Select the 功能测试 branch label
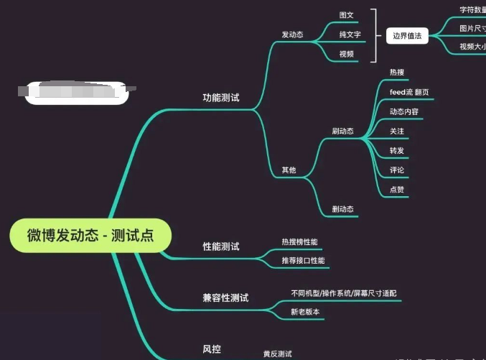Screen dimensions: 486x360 (x=221, y=97)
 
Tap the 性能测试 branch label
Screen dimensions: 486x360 (x=221, y=246)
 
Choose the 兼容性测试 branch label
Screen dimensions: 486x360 (x=225, y=297)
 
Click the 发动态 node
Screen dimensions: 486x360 (x=292, y=34)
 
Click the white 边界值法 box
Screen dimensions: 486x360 (x=407, y=35)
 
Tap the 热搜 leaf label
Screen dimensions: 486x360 (x=397, y=73)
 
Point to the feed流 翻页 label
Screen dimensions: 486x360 (x=409, y=92)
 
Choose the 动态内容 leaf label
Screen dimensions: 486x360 (x=403, y=111)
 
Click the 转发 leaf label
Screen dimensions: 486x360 (x=397, y=151)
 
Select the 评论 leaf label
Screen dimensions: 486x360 (x=397, y=170)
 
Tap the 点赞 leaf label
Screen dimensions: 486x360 (x=397, y=190)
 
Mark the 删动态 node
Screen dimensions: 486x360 (x=342, y=209)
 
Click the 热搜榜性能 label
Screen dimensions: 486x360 (x=299, y=241)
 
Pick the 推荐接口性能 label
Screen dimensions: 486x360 (x=303, y=260)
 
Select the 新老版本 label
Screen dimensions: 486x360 (x=304, y=312)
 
